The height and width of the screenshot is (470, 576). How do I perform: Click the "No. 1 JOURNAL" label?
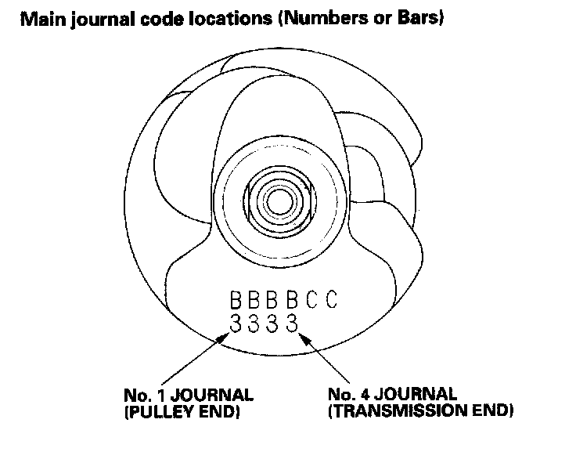(188, 395)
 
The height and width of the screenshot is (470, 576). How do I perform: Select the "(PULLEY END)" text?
(181, 410)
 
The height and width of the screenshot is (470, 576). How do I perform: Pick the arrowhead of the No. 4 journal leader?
(304, 335)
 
